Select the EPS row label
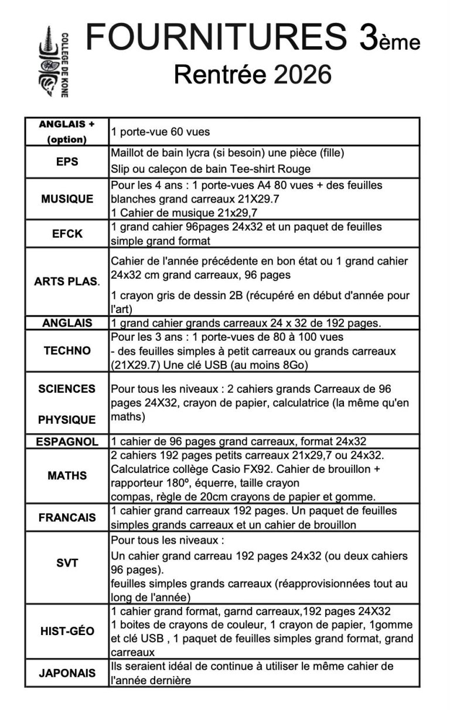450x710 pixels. click(67, 162)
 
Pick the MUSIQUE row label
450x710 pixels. click(67, 199)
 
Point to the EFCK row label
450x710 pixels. click(67, 234)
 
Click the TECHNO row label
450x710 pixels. click(67, 351)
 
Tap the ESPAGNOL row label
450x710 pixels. click(67, 442)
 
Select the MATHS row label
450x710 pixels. click(67, 476)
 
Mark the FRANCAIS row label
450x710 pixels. click(67, 518)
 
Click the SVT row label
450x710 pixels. click(67, 563)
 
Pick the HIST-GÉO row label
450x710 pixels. click(67, 631)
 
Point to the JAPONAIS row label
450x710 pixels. click(67, 673)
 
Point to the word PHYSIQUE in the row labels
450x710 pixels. click(67, 420)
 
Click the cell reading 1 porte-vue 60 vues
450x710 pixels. click(160, 132)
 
